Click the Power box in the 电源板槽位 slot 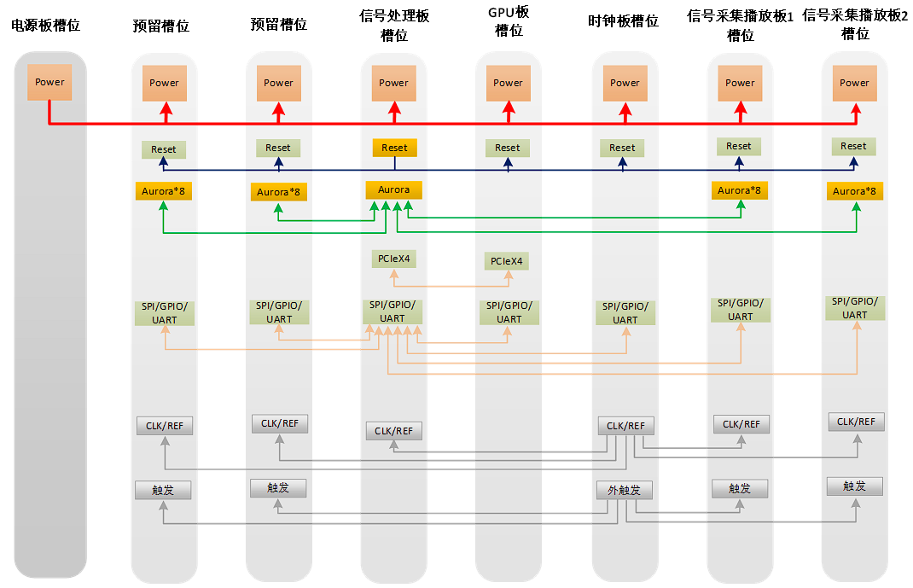tap(49, 82)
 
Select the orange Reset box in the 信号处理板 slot tap(394, 148)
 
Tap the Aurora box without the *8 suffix tap(393, 189)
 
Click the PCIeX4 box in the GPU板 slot tap(507, 261)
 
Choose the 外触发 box tap(624, 491)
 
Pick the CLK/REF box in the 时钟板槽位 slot tap(626, 426)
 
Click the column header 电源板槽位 tap(46, 26)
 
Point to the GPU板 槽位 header tap(508, 22)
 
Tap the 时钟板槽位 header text tap(624, 21)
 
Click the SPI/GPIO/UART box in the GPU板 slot tap(509, 312)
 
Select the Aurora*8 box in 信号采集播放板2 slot tap(854, 191)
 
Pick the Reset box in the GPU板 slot tap(507, 148)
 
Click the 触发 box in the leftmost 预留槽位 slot tap(163, 490)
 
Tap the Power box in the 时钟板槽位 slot tap(625, 83)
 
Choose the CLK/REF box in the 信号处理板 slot tap(393, 431)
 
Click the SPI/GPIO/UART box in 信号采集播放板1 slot tap(740, 310)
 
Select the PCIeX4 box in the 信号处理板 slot tap(393, 258)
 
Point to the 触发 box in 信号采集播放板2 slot tap(854, 486)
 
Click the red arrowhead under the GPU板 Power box tap(508, 108)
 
